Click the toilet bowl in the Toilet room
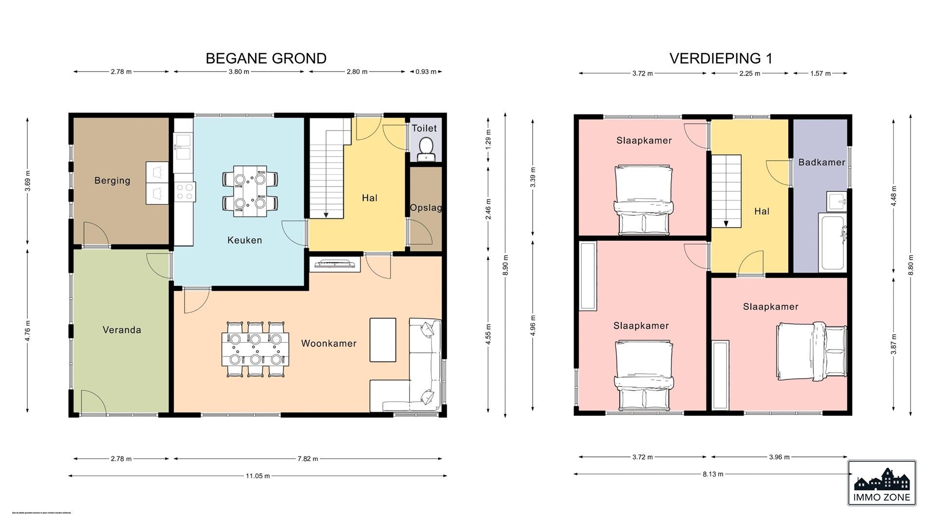[426, 146]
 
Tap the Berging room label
[112, 181]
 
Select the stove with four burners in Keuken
[185, 191]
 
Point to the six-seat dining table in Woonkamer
[255, 349]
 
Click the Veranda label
[122, 330]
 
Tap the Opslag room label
[426, 208]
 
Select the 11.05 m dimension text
[258, 476]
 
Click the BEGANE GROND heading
[266, 58]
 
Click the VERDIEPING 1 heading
[721, 58]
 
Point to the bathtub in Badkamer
[833, 243]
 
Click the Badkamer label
[822, 163]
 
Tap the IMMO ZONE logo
[881, 483]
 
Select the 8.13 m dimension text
[712, 474]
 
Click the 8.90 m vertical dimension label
[505, 265]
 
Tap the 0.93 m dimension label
[426, 72]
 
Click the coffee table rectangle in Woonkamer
[383, 340]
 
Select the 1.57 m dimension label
[820, 74]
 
